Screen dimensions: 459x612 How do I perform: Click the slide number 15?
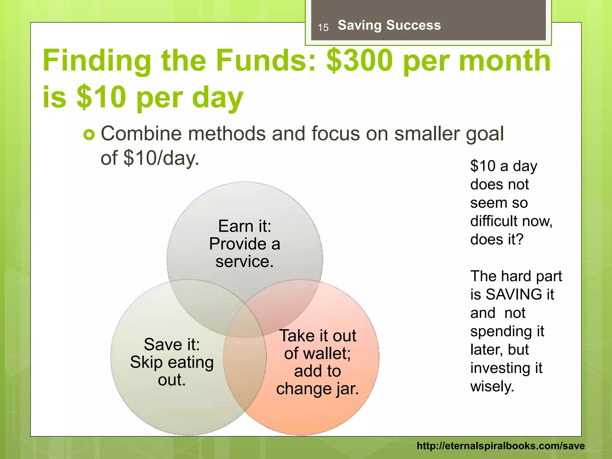click(x=323, y=28)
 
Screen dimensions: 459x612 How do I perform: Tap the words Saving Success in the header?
click(x=389, y=25)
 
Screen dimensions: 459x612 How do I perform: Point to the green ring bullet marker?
click(x=89, y=135)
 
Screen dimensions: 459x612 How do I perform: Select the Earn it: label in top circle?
click(x=244, y=226)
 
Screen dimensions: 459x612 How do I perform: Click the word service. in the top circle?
click(x=244, y=261)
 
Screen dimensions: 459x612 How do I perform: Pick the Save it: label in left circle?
click(x=172, y=344)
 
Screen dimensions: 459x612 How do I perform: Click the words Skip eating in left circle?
click(x=172, y=362)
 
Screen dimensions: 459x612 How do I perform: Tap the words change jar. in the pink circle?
click(x=317, y=389)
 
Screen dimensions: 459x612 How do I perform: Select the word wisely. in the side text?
click(x=492, y=386)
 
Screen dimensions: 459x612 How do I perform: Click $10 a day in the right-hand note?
click(x=504, y=166)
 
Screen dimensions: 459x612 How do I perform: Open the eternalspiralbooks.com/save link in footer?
click(x=501, y=446)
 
